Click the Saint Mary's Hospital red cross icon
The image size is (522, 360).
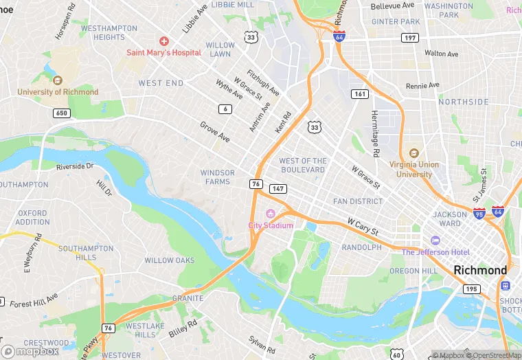[x=163, y=42]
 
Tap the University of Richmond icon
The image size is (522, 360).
[x=58, y=80]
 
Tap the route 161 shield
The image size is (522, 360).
[x=359, y=93]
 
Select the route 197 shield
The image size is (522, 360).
[x=411, y=38]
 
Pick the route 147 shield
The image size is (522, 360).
[x=277, y=188]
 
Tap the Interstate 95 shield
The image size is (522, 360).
[x=479, y=214]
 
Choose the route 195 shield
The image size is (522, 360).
[x=470, y=289]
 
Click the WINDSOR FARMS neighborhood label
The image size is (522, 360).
[x=217, y=177]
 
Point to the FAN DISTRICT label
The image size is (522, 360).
[x=357, y=201]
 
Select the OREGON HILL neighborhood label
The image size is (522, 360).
[x=413, y=271]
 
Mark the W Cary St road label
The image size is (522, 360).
[x=363, y=225]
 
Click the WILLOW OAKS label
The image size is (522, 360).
[x=169, y=260]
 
